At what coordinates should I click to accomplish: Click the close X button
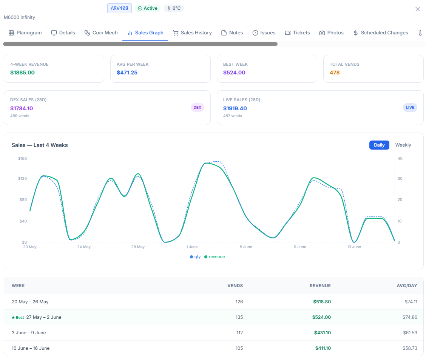[x=418, y=9]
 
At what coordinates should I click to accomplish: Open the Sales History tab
[x=192, y=33]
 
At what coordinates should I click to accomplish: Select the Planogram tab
[x=25, y=33]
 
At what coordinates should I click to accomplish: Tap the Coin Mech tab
[x=101, y=33]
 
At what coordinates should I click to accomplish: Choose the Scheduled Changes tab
[x=381, y=33]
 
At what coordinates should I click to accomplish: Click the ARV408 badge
[x=120, y=8]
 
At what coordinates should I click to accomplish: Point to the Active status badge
[x=148, y=8]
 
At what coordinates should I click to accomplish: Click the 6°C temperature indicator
[x=174, y=8]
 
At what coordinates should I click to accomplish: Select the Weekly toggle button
[x=403, y=145]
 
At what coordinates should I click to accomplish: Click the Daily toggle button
[x=379, y=145]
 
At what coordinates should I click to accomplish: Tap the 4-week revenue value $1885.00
[x=23, y=73]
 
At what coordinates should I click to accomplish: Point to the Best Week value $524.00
[x=234, y=73]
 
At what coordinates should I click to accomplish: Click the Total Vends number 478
[x=335, y=73]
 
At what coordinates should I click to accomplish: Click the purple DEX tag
[x=198, y=108]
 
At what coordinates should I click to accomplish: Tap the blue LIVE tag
[x=410, y=108]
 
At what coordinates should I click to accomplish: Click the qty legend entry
[x=195, y=257]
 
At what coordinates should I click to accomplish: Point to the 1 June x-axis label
[x=192, y=247]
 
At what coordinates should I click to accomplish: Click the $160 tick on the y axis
[x=23, y=158]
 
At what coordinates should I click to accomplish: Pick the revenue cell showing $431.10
[x=323, y=333]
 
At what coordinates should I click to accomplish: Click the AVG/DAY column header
[x=407, y=286]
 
